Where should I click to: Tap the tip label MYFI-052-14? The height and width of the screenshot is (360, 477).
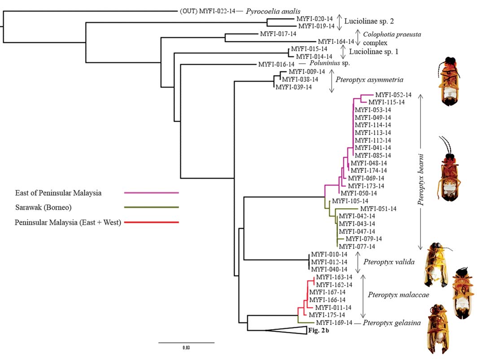[393, 95]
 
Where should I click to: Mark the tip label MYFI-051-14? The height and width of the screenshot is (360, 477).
[378, 208]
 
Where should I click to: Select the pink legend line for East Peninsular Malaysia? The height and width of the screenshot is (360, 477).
[151, 193]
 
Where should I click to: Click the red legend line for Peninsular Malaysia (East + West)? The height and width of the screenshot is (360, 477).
[151, 222]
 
